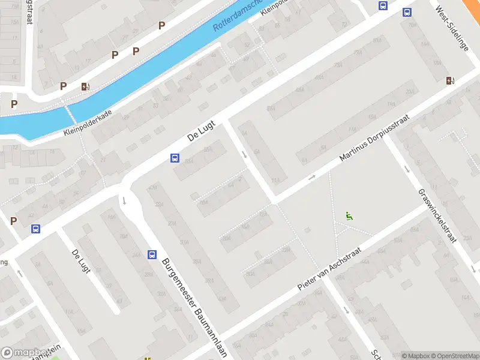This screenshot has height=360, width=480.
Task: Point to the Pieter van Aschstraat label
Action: [331, 271]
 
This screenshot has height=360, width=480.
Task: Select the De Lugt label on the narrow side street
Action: [80, 261]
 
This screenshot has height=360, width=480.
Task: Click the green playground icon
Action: [349, 216]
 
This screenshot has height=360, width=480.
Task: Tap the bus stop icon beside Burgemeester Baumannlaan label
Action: [152, 254]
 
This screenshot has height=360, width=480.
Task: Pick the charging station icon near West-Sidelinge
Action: [450, 81]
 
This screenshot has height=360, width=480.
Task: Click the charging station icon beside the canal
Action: [85, 86]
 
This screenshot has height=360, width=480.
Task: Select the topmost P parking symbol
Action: [161, 25]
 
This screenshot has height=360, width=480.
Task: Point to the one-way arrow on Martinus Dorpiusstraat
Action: [312, 178]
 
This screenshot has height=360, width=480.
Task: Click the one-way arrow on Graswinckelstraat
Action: [407, 169]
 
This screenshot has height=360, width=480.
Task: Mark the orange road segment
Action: [472, 7]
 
